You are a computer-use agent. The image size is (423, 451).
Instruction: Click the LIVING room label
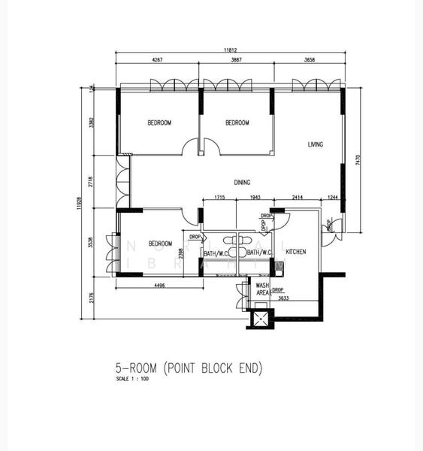tap(316, 144)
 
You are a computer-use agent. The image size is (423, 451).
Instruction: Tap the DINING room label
tap(242, 182)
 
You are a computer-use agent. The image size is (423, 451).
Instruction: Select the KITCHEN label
tap(296, 251)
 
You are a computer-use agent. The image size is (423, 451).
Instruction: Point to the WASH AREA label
tap(262, 289)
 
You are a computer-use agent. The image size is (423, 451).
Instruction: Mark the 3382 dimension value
tap(91, 123)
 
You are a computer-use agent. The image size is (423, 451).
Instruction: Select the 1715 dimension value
tap(219, 197)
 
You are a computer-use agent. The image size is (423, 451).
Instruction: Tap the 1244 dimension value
tap(333, 197)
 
